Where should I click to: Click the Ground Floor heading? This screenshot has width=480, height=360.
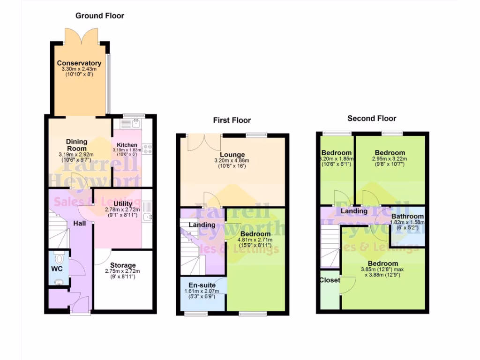100,16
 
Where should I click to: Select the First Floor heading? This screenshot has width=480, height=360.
232,120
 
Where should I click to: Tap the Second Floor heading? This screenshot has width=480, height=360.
372,119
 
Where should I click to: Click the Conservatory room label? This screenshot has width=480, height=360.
79,63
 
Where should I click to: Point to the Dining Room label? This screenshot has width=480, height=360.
76,145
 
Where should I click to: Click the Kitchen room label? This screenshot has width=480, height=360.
127,145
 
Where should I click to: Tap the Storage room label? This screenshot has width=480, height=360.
122,265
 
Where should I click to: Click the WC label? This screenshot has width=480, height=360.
57,269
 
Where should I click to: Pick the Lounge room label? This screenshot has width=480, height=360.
232,155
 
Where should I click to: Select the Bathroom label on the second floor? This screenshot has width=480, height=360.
407,217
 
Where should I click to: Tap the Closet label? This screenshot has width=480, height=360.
330,280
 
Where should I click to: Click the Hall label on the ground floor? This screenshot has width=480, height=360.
79,224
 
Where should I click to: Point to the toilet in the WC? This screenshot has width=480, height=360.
59,258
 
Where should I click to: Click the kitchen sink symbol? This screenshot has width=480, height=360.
136,123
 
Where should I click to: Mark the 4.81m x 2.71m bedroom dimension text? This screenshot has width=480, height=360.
255,240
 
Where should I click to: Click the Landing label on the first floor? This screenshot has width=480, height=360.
202,225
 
